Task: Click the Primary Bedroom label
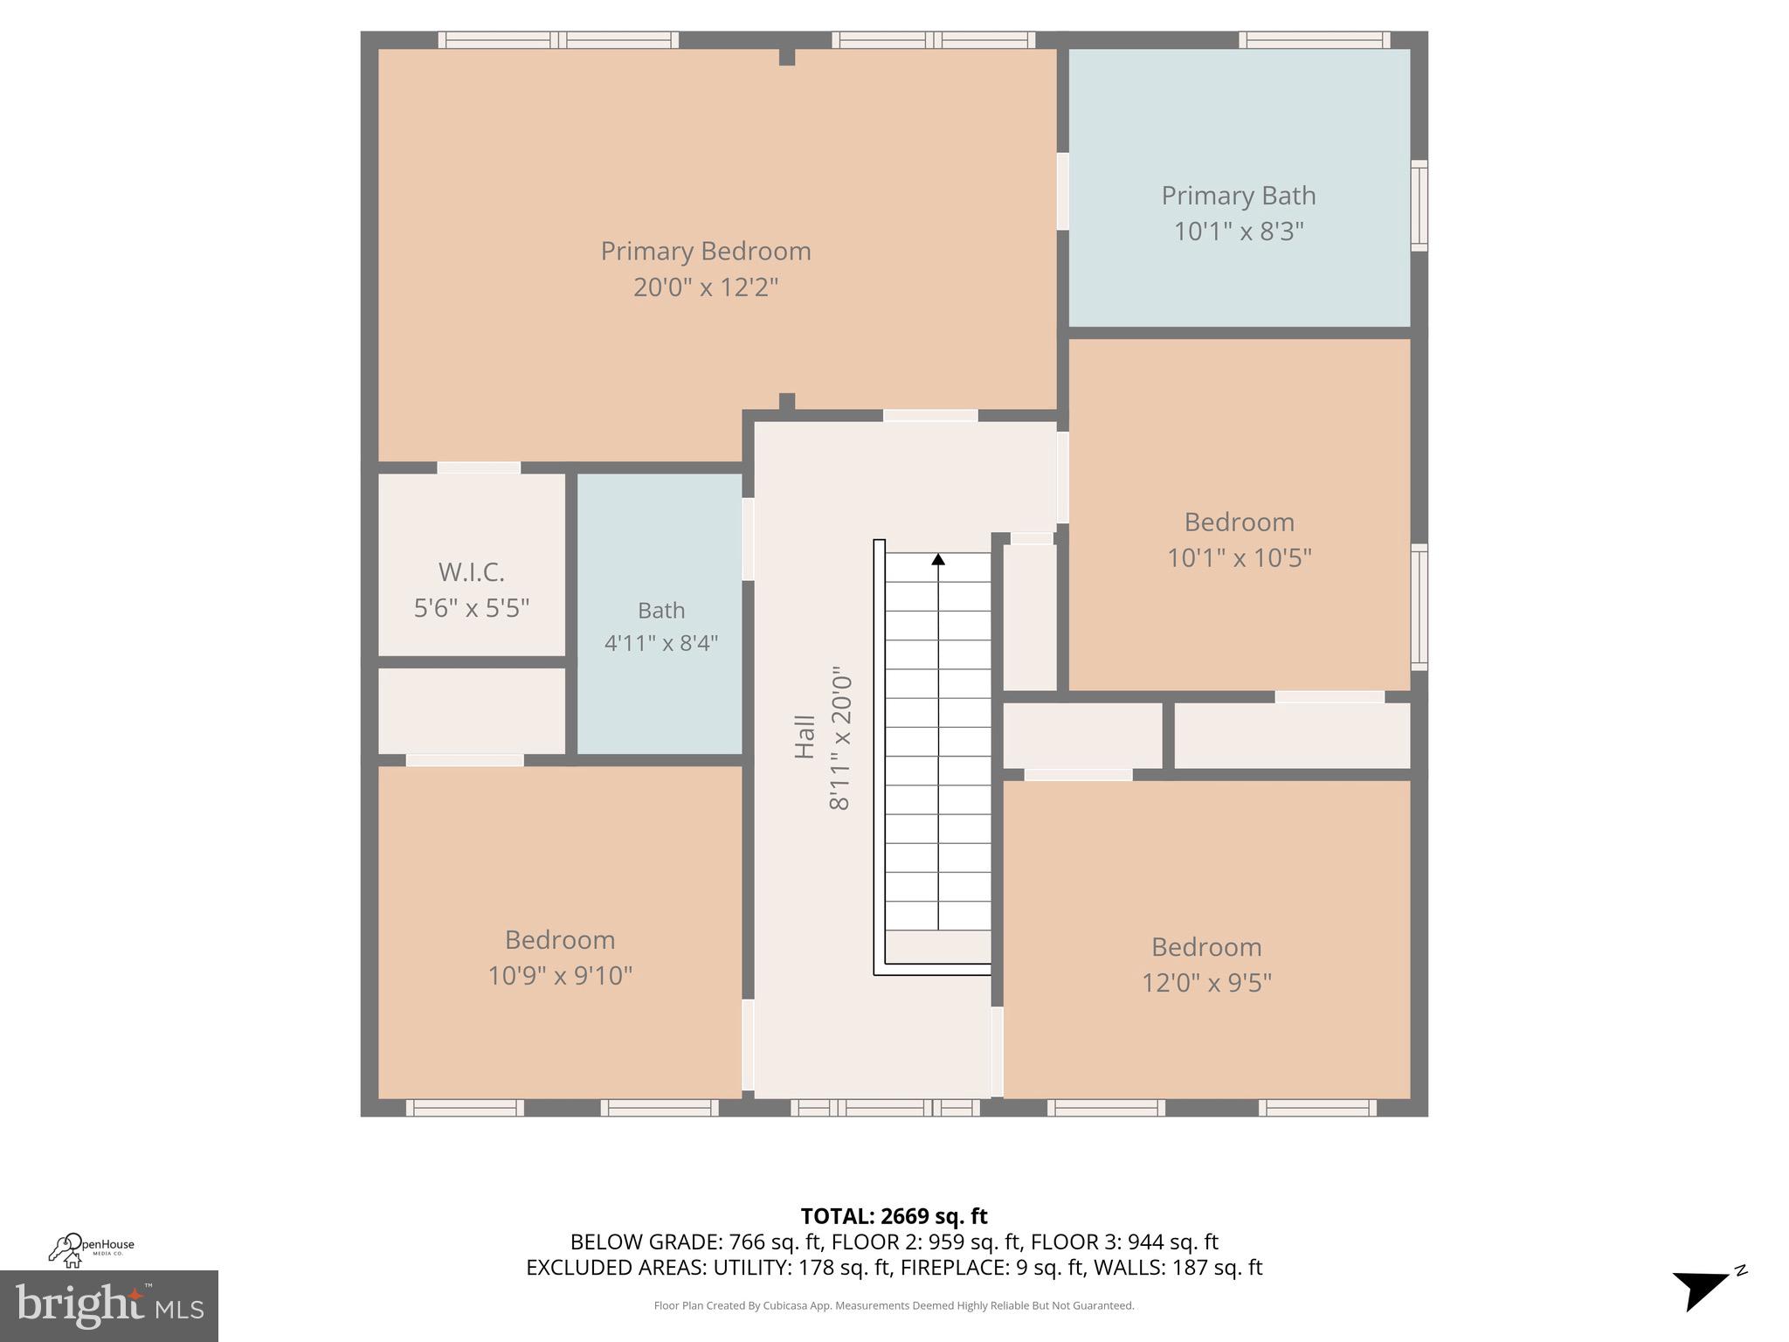tap(706, 252)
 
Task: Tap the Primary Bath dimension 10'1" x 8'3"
tap(1238, 232)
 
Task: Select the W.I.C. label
tap(472, 572)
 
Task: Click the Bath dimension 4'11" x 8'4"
tap(661, 643)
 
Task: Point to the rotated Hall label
tap(805, 737)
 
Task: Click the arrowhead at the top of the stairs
tap(938, 559)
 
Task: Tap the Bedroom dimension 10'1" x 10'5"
tap(1239, 557)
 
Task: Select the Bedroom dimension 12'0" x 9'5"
tap(1205, 983)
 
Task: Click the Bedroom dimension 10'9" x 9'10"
tap(559, 975)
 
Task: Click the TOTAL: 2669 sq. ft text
tap(894, 1216)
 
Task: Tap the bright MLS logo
tap(109, 1305)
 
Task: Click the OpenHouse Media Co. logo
tap(91, 1249)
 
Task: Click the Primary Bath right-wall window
tap(1419, 205)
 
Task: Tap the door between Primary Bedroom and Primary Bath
tap(1062, 191)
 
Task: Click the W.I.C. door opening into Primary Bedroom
tap(479, 467)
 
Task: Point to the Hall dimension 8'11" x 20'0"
tap(839, 743)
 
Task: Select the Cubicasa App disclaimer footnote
tap(894, 1305)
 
